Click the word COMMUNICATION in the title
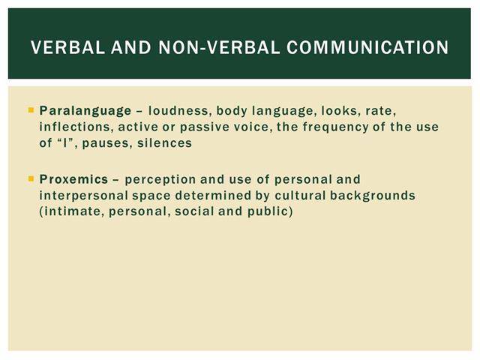tap(367, 47)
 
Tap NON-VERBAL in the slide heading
tap(219, 47)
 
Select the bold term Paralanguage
tap(85, 111)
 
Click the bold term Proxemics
tap(73, 179)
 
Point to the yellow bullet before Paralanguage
tap(31, 109)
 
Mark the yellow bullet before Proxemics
tap(31, 178)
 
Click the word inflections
tap(75, 127)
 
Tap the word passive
tap(205, 127)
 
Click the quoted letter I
tap(65, 143)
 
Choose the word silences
tap(164, 143)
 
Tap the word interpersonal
tap(84, 196)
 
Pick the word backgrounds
tap(373, 195)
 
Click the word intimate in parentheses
tap(72, 211)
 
